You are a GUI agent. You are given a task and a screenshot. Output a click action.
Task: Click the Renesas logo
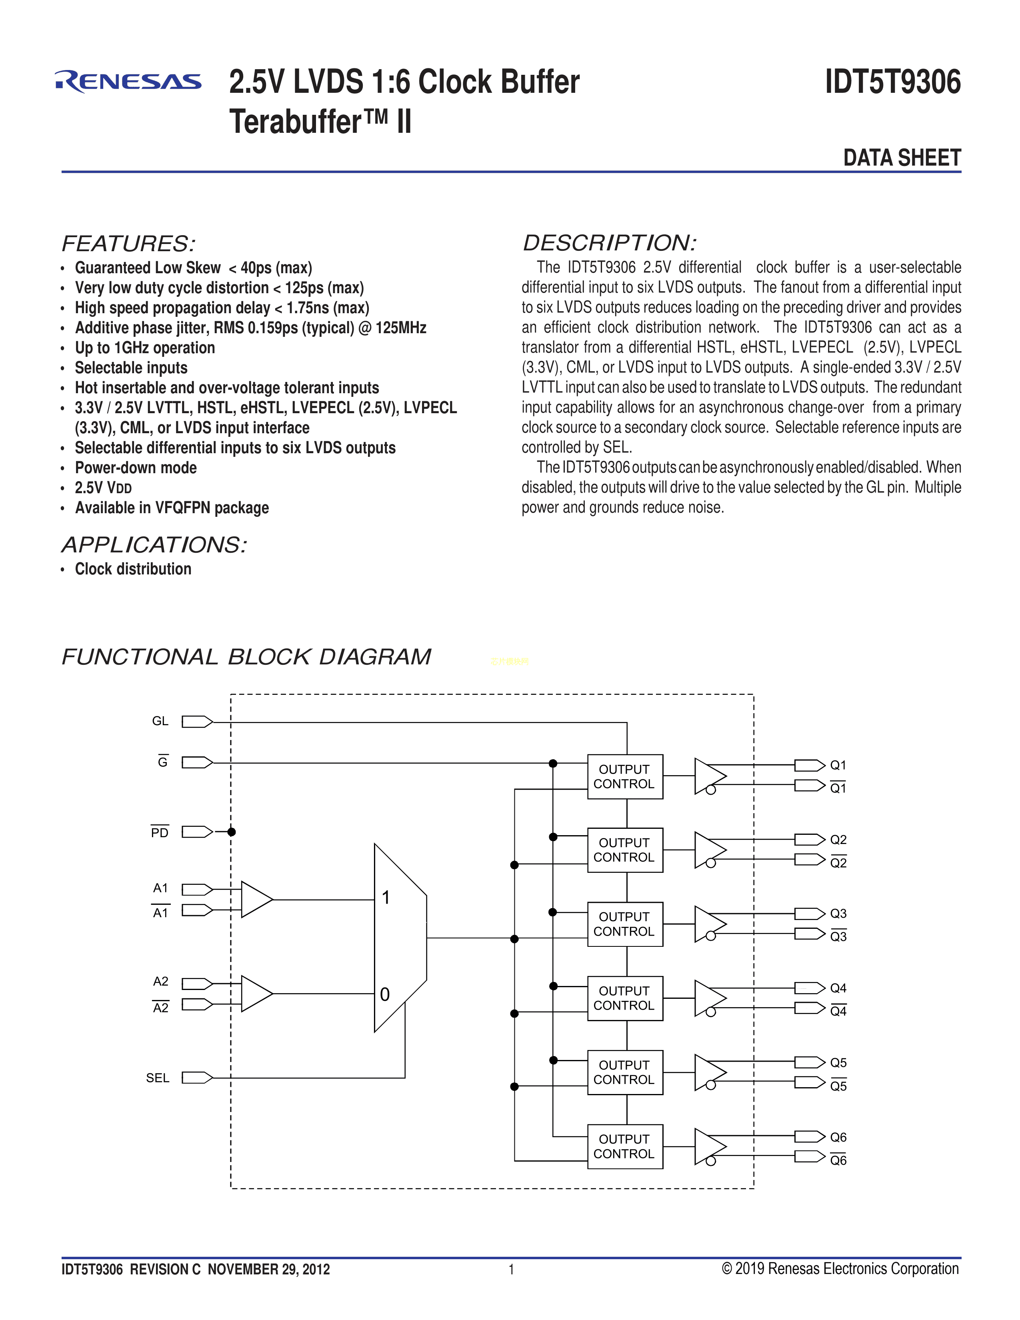click(128, 82)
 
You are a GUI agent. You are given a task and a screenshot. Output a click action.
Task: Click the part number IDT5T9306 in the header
click(892, 82)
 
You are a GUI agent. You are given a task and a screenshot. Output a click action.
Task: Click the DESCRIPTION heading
click(609, 243)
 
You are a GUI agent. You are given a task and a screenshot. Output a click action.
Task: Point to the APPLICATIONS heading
click(154, 544)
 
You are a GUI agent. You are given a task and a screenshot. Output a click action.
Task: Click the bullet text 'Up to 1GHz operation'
click(145, 348)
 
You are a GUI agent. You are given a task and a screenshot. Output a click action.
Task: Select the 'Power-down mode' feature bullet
click(136, 468)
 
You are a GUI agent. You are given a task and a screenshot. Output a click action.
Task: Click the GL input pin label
click(160, 721)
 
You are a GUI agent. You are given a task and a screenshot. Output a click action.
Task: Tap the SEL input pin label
click(158, 1078)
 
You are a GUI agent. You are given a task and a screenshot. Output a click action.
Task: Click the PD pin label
click(160, 833)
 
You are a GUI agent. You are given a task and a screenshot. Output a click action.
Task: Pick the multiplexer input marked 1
click(386, 898)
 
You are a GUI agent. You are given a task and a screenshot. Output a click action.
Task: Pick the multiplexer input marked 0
click(385, 994)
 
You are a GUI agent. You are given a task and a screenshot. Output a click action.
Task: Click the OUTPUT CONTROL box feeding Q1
click(625, 777)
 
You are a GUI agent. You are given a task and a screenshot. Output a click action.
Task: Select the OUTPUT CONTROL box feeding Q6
click(625, 1146)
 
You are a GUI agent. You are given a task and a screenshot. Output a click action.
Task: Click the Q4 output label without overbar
click(838, 988)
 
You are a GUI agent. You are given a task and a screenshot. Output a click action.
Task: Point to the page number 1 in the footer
click(511, 1269)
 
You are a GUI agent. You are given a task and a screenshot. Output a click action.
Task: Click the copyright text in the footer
click(840, 1269)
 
